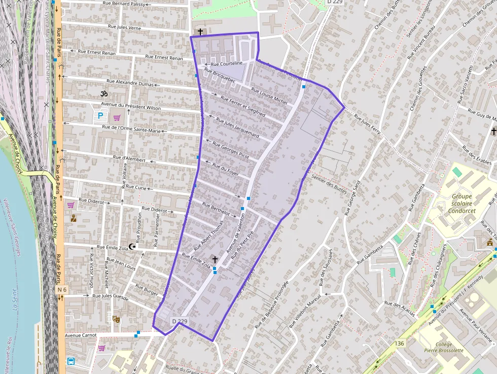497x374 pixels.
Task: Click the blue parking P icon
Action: [x=100, y=116]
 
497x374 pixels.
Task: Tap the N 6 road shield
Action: [x=62, y=290]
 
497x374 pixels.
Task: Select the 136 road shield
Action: [x=400, y=344]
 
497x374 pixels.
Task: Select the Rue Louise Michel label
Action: [x=269, y=95]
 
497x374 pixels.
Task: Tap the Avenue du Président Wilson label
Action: [x=131, y=106]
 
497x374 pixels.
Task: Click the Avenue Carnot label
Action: [x=81, y=335]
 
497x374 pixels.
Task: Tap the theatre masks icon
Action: [x=116, y=320]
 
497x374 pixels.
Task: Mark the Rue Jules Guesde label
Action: [x=111, y=295]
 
